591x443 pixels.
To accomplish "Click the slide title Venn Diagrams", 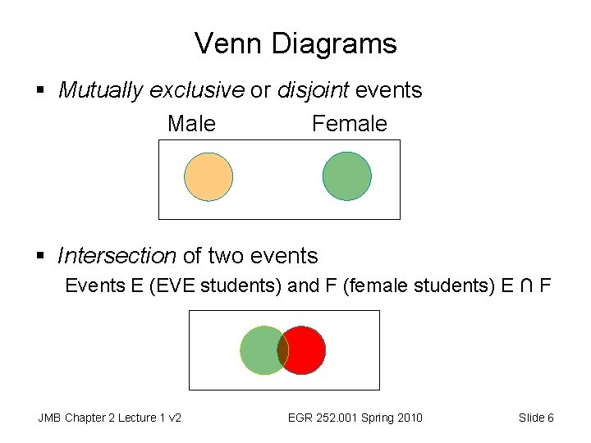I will coord(295,43).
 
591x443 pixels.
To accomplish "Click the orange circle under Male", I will coord(208,177).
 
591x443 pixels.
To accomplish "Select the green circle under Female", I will coord(347,176).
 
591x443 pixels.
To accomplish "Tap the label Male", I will coord(191,124).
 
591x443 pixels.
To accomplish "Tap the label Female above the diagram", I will coord(349,124).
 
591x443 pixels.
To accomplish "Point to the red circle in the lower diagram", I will coord(307,349).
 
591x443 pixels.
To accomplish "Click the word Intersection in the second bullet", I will coord(117,256).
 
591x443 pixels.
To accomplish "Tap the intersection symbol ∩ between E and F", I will coord(526,286).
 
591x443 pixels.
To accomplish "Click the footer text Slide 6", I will coord(536,418).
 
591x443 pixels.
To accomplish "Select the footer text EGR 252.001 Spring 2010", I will coord(355,418).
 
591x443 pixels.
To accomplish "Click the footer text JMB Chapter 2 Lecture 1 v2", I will coord(109,418).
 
